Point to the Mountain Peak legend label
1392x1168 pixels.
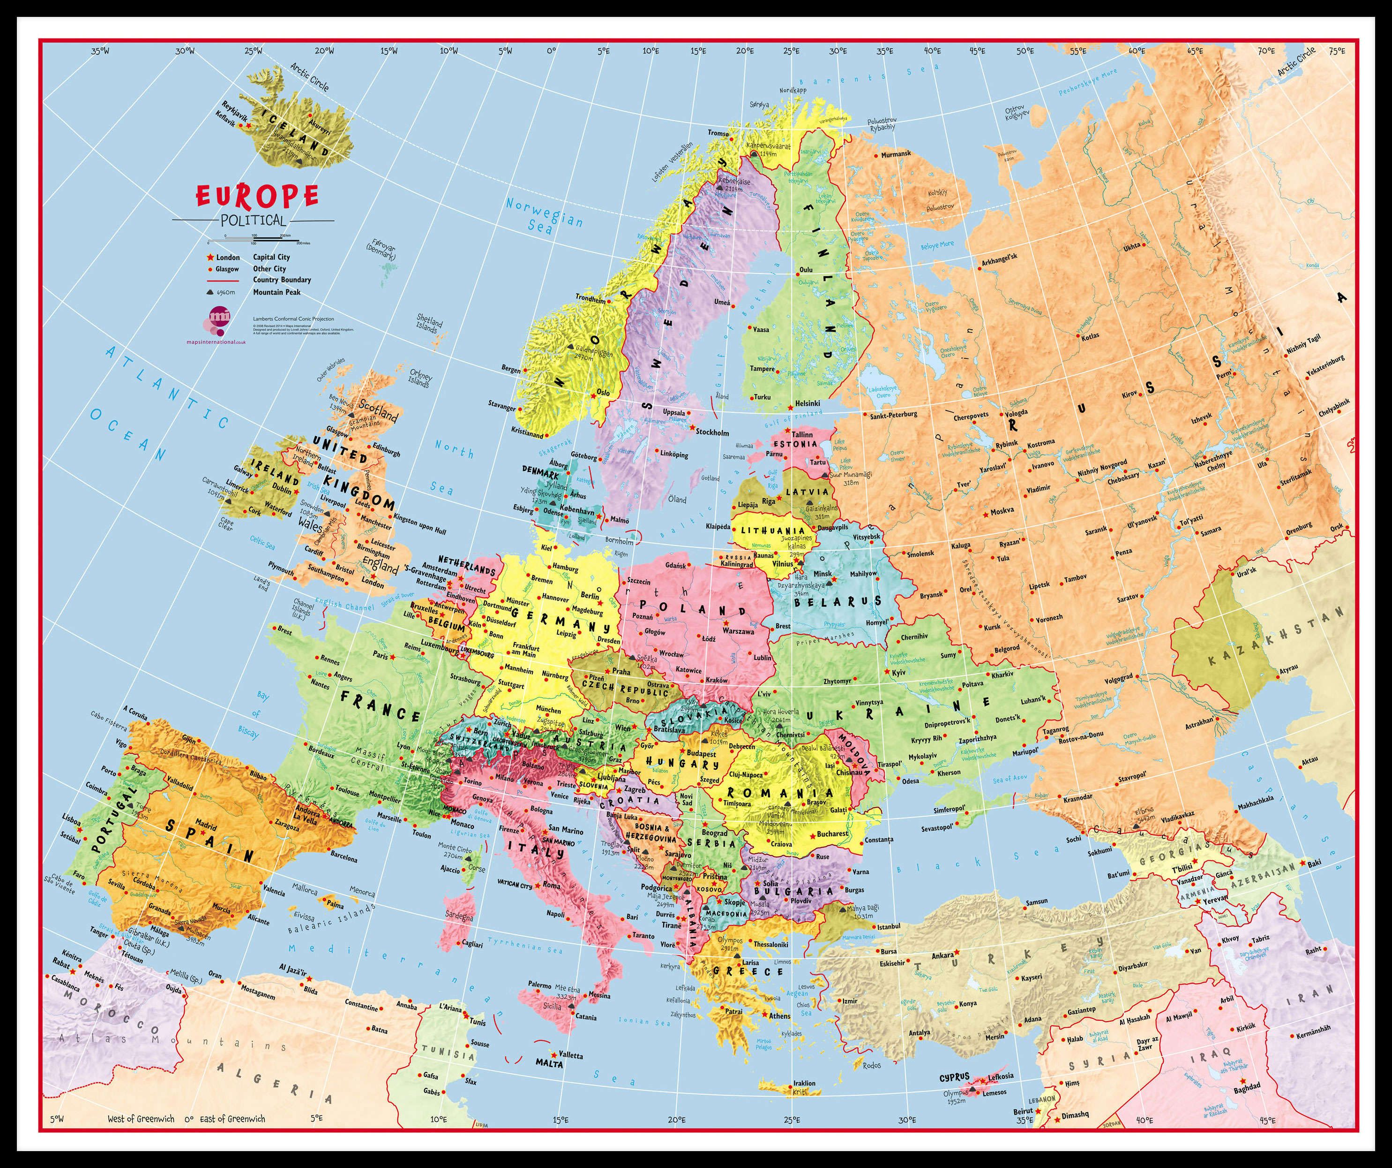pos(277,292)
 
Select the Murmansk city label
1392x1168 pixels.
pos(896,154)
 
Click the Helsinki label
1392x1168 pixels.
pos(808,403)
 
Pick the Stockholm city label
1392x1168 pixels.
pos(712,432)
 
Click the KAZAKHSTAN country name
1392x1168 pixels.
pos(1266,637)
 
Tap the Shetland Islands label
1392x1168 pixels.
pos(427,324)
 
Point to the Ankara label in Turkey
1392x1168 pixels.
pos(943,956)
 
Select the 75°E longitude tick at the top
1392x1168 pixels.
pos(1336,50)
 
